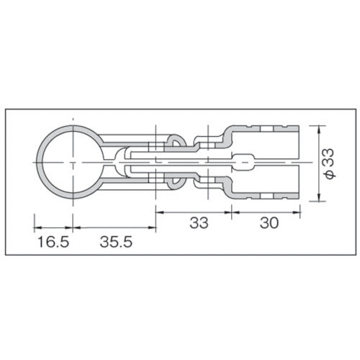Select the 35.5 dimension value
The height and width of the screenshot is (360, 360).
tap(114, 243)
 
